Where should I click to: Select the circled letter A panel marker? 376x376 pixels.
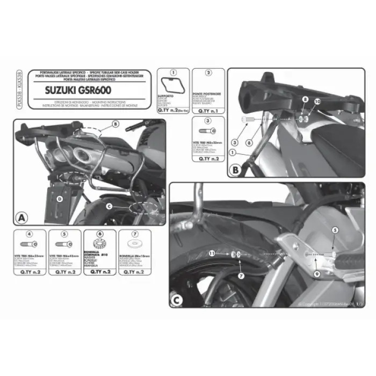(x=21, y=218)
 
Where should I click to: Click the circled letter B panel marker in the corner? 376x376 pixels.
(x=235, y=172)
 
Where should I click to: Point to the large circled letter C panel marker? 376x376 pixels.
(x=177, y=301)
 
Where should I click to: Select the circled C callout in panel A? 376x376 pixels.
(x=109, y=205)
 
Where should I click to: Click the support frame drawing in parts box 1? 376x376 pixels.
(x=171, y=88)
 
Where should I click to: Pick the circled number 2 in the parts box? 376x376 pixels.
(x=208, y=73)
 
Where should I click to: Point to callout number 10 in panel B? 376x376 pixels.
(x=317, y=100)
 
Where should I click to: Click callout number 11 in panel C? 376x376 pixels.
(x=212, y=253)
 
